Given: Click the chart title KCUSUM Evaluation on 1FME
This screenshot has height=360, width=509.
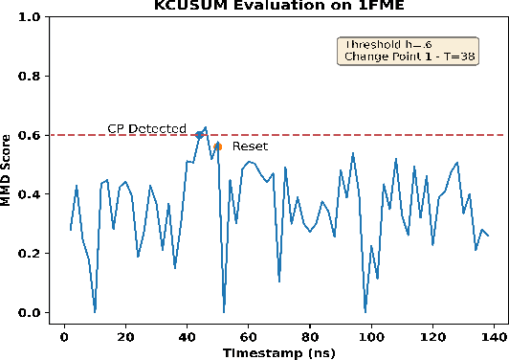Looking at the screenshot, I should pyautogui.click(x=277, y=6).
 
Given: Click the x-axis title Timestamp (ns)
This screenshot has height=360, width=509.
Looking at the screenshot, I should pyautogui.click(x=277, y=352).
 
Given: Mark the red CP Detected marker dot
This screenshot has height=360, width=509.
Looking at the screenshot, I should pyautogui.click(x=199, y=135).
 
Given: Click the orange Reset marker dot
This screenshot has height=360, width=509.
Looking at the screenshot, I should pyautogui.click(x=218, y=146).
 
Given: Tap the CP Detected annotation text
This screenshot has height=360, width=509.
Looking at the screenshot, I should pyautogui.click(x=145, y=129).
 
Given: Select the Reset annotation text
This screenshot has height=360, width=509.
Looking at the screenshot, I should pyautogui.click(x=250, y=147).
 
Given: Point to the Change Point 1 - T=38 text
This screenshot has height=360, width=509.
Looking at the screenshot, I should pyautogui.click(x=405, y=57).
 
